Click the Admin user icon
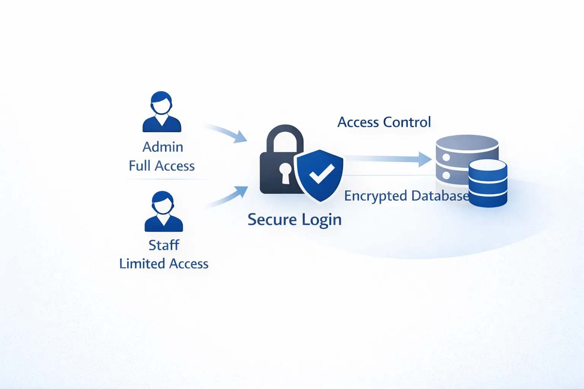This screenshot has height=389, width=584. tap(162, 112)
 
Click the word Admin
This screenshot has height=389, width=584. tap(163, 147)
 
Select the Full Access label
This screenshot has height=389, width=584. tap(162, 166)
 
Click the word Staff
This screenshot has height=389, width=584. tap(164, 245)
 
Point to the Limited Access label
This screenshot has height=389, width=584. tap(164, 264)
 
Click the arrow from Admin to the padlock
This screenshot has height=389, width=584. tap(227, 132)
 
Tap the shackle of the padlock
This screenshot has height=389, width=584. tap(285, 130)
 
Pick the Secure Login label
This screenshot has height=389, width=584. tap(295, 220)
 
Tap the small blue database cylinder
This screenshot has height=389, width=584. tap(488, 183)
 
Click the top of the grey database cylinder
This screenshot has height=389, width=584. tap(467, 142)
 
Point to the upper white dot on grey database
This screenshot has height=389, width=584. tap(446, 157)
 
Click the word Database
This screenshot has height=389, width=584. tap(440, 196)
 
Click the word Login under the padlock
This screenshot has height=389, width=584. tap(322, 220)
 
